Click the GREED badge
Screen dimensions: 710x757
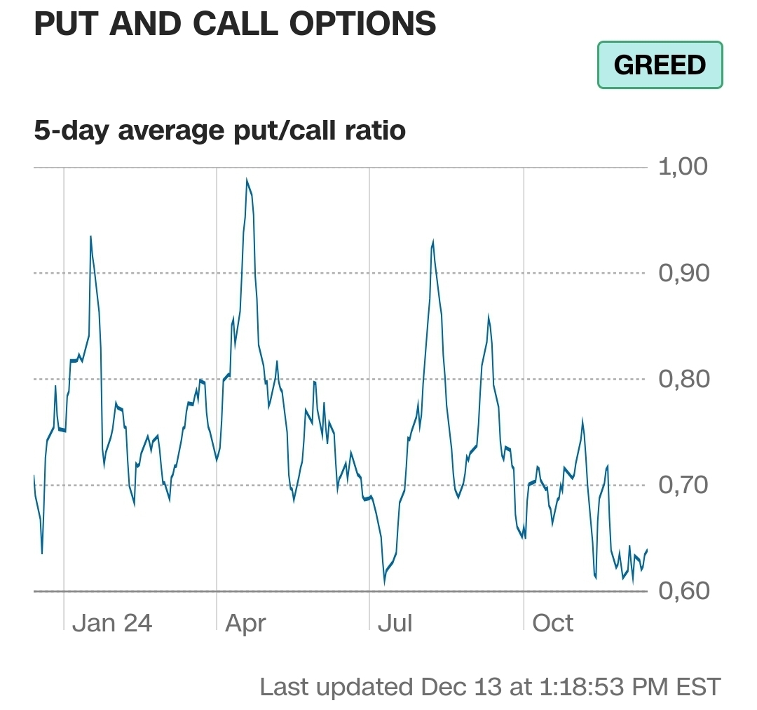click(x=660, y=65)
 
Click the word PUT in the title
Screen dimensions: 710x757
click(x=64, y=25)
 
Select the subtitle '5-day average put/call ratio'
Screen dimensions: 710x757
click(x=219, y=130)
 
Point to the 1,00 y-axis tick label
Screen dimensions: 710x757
click(x=683, y=167)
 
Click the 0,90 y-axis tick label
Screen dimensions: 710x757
click(x=683, y=273)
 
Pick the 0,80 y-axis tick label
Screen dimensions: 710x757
click(x=683, y=380)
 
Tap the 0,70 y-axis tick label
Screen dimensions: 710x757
click(x=683, y=485)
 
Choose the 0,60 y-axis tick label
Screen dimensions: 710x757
click(x=683, y=591)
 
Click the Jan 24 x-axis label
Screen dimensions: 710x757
click(x=112, y=623)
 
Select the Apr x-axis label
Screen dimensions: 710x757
click(x=245, y=623)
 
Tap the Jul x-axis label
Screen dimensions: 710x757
click(x=395, y=623)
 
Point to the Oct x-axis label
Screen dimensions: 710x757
click(x=553, y=623)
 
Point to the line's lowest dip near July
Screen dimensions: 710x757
click(x=384, y=583)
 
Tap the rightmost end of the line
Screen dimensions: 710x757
click(x=647, y=549)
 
